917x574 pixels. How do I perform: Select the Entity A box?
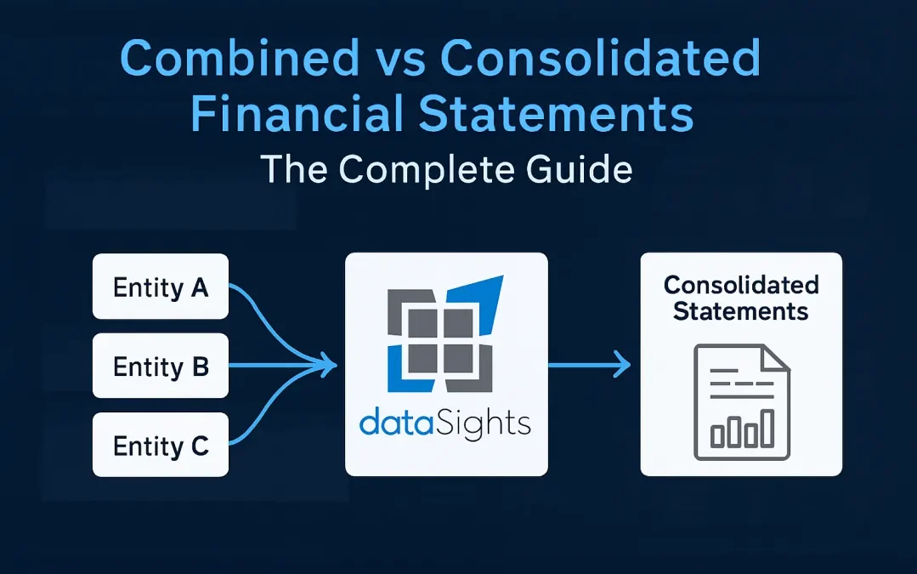161,287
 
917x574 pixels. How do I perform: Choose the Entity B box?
161,367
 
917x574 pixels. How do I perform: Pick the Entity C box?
161,446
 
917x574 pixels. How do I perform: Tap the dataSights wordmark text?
445,423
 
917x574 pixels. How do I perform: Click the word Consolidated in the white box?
741,284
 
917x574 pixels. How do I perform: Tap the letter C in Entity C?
200,446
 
